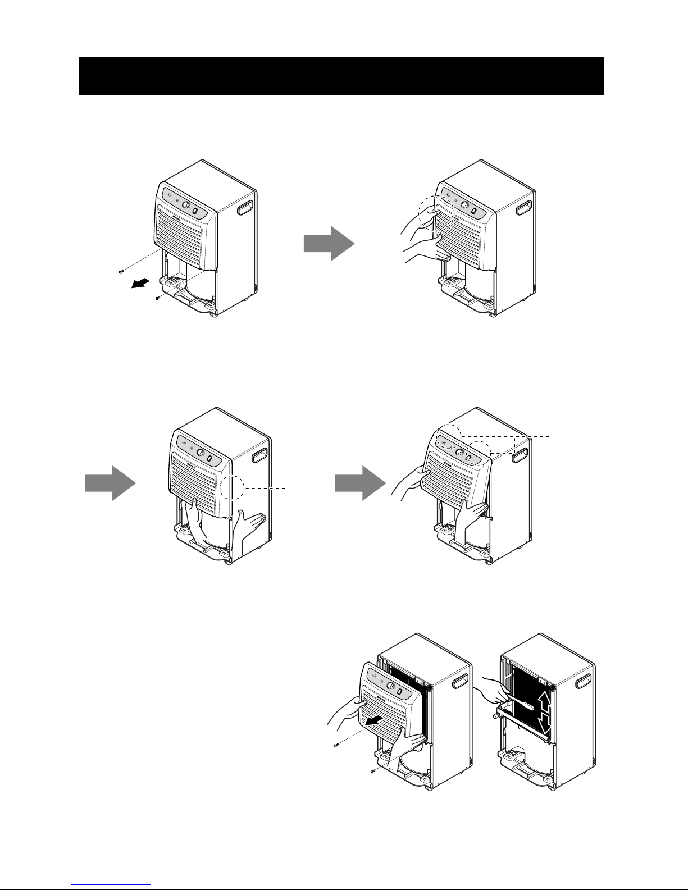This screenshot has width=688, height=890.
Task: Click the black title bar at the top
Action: point(341,76)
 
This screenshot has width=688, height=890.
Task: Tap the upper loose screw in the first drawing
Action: point(121,272)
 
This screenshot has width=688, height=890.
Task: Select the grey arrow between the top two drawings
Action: point(329,244)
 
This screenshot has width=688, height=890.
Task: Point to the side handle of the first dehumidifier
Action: point(245,209)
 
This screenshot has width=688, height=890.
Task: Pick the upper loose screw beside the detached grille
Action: point(334,745)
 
